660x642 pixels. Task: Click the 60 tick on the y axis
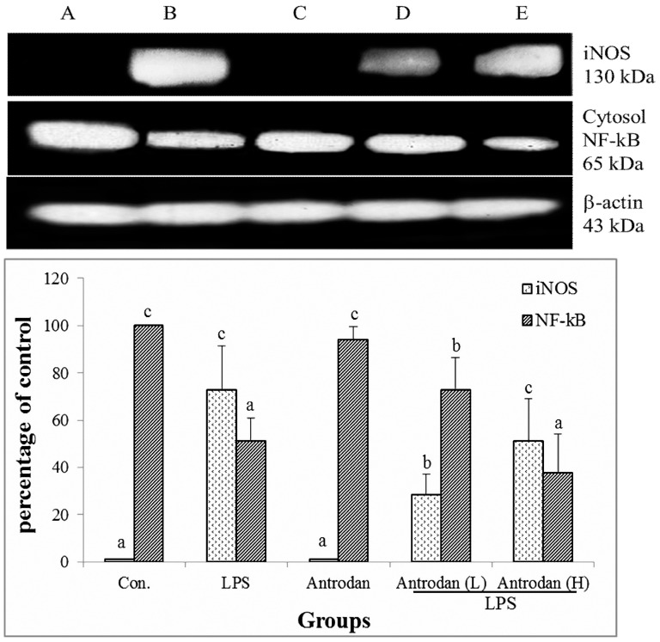[59, 420]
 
